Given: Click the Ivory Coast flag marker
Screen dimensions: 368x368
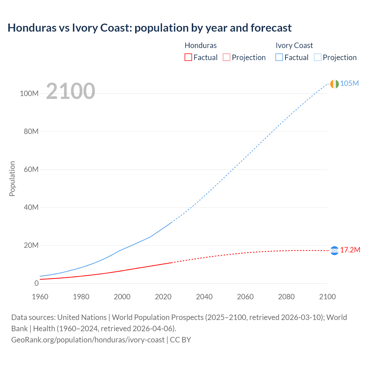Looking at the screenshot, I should [x=334, y=84].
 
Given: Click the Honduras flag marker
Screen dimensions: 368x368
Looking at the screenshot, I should [x=334, y=251].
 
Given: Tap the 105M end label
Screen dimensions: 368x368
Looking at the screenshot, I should [x=349, y=83].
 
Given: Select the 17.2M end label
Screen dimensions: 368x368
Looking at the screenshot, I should [x=350, y=250].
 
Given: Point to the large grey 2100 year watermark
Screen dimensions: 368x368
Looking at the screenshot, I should [x=70, y=91].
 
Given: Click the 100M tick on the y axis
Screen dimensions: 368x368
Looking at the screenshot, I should [x=29, y=94].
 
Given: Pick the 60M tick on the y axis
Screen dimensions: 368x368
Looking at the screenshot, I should [x=31, y=169].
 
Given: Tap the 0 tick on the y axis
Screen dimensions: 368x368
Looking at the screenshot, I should [x=36, y=283].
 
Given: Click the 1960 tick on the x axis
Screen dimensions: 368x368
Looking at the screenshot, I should [x=40, y=297].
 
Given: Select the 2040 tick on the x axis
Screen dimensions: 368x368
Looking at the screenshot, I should [x=204, y=297].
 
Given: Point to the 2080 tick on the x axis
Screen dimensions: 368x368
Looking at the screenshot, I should [x=286, y=297].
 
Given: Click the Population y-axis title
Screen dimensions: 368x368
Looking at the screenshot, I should [x=12, y=179].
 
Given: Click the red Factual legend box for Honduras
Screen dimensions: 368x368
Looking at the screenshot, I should [x=188, y=57].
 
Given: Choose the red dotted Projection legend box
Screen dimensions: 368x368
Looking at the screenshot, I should [x=227, y=57].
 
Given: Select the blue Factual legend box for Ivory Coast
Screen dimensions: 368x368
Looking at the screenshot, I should [x=279, y=57].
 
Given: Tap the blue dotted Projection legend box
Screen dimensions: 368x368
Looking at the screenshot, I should [x=317, y=57].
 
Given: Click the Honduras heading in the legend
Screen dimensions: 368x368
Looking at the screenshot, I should [x=200, y=45].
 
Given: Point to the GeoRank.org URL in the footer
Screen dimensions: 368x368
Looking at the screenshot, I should [x=88, y=340].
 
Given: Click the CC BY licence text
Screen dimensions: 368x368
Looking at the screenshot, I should [x=181, y=340].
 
